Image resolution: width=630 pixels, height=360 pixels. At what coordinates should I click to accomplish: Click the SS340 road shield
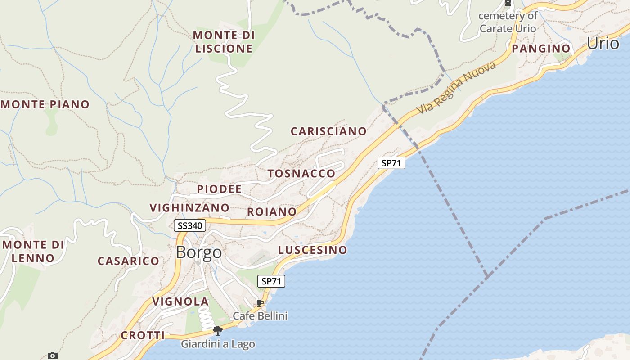[189, 225]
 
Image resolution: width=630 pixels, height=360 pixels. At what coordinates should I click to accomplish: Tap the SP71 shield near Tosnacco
[391, 163]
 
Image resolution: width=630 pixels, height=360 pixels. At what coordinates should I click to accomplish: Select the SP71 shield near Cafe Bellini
[271, 281]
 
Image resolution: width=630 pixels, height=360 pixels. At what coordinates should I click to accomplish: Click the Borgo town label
[198, 252]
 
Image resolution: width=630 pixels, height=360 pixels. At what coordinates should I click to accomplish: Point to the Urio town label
[603, 43]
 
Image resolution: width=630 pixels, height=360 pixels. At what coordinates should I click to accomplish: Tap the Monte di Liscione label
[224, 42]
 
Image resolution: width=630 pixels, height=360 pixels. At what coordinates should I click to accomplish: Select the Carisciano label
[328, 131]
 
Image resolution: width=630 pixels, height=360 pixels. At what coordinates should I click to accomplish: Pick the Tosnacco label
[301, 174]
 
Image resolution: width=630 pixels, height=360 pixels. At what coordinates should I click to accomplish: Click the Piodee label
[219, 189]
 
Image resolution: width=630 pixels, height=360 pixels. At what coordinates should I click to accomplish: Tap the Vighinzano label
[189, 208]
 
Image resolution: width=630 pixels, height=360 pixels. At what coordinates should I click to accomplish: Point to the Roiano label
[272, 211]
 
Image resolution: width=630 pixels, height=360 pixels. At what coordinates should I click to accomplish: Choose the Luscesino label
[313, 250]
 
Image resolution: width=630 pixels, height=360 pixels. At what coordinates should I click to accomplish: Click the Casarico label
[128, 261]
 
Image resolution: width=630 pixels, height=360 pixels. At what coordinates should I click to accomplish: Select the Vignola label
[180, 301]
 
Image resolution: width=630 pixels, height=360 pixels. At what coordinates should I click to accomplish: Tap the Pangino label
[541, 49]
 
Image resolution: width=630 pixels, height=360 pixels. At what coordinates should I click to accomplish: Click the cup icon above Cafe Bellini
[260, 303]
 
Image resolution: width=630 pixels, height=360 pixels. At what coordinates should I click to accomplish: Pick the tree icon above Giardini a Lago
[218, 331]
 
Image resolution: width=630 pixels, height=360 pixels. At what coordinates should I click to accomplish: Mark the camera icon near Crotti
[53, 356]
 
